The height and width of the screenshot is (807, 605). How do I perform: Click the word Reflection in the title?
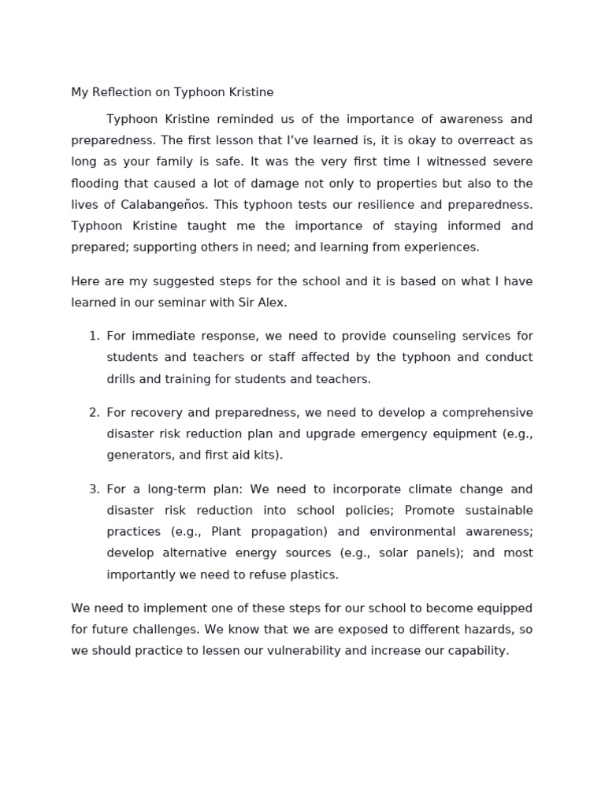(x=121, y=92)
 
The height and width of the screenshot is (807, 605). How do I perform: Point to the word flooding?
(x=95, y=183)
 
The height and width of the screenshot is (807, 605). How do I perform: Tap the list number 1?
(x=94, y=336)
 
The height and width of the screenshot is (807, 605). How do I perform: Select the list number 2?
(x=94, y=412)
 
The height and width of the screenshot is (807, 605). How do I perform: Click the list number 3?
(x=94, y=489)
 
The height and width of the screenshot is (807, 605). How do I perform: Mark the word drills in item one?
(x=122, y=379)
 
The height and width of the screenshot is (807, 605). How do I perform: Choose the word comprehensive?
(x=487, y=412)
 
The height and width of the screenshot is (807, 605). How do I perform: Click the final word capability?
(x=477, y=651)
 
